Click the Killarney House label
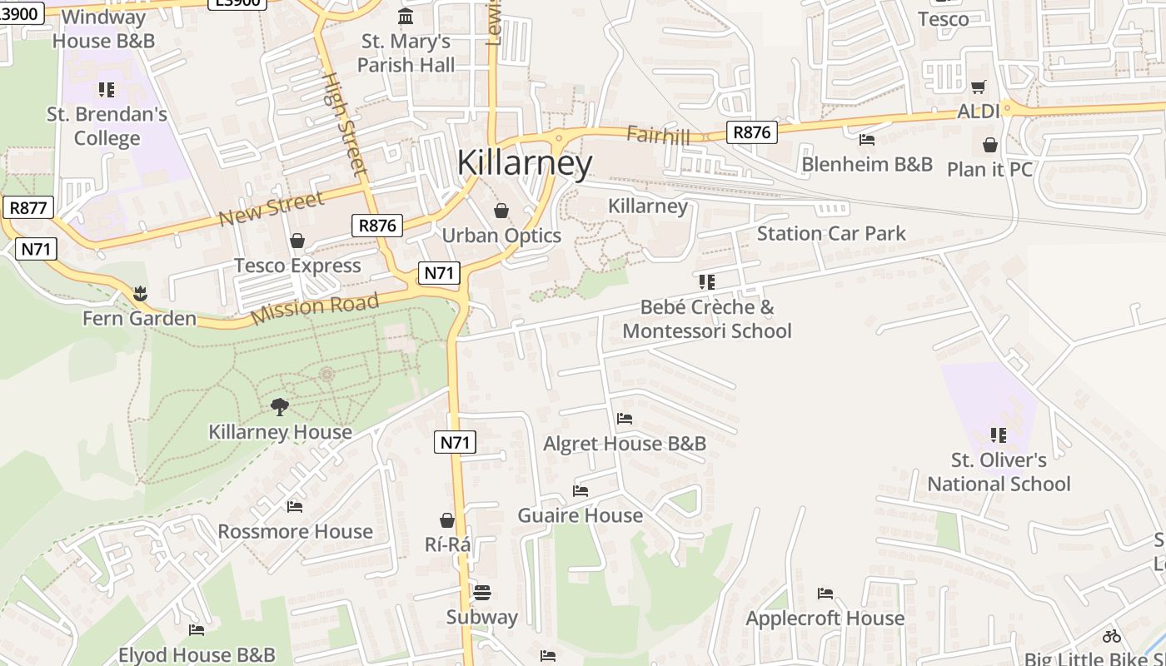tap(280, 432)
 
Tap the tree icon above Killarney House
tap(280, 406)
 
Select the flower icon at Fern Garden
tap(139, 293)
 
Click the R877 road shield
tap(27, 207)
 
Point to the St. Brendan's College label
tap(107, 126)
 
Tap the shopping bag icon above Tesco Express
tap(297, 241)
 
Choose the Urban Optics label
tap(501, 236)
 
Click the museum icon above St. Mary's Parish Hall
tap(406, 16)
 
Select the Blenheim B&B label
tap(867, 164)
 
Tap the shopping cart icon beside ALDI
tap(979, 87)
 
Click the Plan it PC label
tap(989, 169)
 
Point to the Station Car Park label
tap(831, 233)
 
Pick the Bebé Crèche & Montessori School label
tap(706, 319)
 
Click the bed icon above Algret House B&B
tap(625, 418)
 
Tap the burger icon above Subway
tap(481, 592)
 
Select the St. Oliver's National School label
tap(999, 471)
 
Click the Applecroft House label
tap(825, 618)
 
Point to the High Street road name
tap(344, 125)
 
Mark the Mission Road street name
tap(315, 308)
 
